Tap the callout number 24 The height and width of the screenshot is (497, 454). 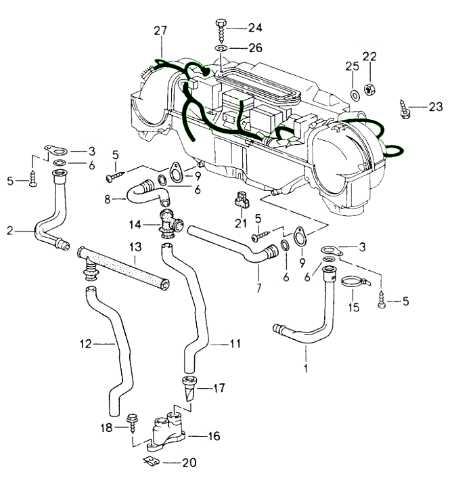coord(254,28)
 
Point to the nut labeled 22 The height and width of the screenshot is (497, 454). coord(370,87)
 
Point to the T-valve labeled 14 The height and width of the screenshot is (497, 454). coord(168,222)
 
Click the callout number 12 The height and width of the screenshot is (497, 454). coord(85,344)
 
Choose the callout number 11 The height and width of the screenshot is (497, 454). coord(234,344)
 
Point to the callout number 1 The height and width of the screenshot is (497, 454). coord(305,370)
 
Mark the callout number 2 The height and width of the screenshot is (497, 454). coord(10,231)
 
